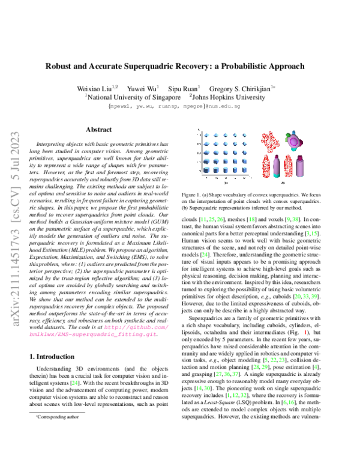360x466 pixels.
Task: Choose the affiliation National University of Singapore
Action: (x=133, y=96)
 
